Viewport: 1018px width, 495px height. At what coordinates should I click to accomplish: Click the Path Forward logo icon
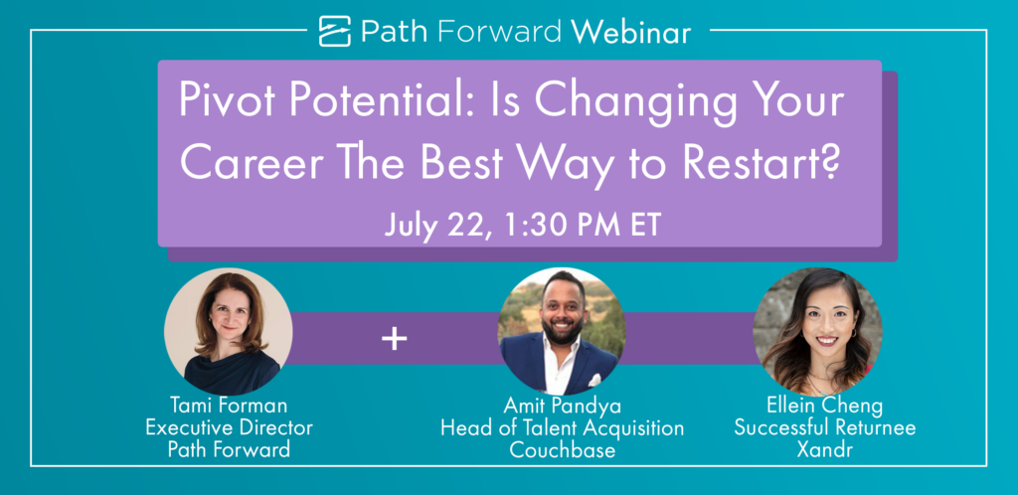(335, 31)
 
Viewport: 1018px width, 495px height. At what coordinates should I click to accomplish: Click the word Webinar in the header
(633, 31)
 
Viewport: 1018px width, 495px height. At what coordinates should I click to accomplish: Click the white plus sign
(394, 339)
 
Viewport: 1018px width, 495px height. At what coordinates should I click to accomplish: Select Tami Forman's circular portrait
(229, 332)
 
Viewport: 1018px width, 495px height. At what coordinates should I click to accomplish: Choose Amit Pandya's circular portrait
(562, 332)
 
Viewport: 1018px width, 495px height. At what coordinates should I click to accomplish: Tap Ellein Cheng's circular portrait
(817, 332)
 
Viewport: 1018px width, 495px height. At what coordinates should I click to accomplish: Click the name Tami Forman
(229, 407)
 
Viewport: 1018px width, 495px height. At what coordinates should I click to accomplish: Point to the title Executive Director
(229, 428)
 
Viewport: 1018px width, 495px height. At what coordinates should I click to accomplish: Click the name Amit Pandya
(563, 407)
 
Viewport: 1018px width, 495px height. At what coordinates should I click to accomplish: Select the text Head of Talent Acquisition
(563, 428)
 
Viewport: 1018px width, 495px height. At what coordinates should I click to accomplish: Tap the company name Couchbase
(563, 449)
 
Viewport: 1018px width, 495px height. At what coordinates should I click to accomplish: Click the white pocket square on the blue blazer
(594, 380)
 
